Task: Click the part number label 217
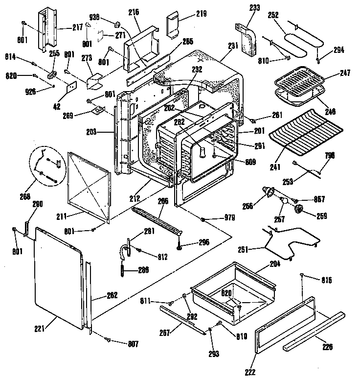click(x=77, y=27)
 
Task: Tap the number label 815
click(x=326, y=281)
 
